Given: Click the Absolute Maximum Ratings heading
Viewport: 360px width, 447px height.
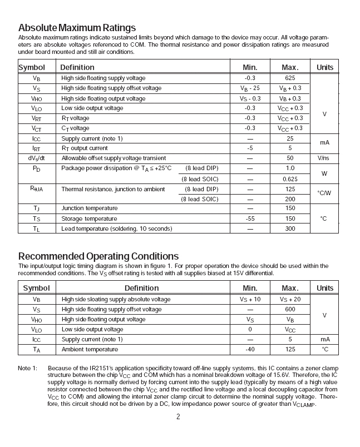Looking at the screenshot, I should click(x=77, y=28).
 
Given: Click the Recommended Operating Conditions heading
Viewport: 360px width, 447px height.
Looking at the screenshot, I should click(x=98, y=256).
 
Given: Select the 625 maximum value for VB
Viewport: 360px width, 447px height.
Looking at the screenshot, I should click(x=289, y=78).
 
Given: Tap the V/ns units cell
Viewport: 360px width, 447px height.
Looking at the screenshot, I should click(x=324, y=158).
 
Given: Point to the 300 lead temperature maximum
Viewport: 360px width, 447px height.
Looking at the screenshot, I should click(x=289, y=229).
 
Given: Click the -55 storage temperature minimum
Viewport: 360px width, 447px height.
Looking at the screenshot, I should click(x=249, y=218).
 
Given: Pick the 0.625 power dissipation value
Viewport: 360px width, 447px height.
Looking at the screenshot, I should click(x=289, y=179).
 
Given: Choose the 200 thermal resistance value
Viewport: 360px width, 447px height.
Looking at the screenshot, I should click(x=289, y=199).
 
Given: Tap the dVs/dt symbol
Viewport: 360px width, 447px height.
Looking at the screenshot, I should click(x=36, y=158).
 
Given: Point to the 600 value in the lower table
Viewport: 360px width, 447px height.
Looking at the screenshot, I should click(x=290, y=310).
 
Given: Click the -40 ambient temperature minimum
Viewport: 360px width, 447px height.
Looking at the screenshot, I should click(x=249, y=350).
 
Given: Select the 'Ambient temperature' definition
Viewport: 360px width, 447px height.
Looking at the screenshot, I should click(x=90, y=350).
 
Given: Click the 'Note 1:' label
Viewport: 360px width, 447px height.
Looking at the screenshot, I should click(x=27, y=368).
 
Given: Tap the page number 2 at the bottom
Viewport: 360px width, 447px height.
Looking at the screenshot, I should click(x=178, y=418).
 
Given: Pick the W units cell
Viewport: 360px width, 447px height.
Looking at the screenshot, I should click(x=324, y=173).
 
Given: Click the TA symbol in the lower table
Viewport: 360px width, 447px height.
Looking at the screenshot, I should click(x=36, y=350).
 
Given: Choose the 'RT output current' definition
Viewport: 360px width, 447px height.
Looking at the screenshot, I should click(x=85, y=148).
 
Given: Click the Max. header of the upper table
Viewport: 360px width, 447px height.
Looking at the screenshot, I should click(x=289, y=67).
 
